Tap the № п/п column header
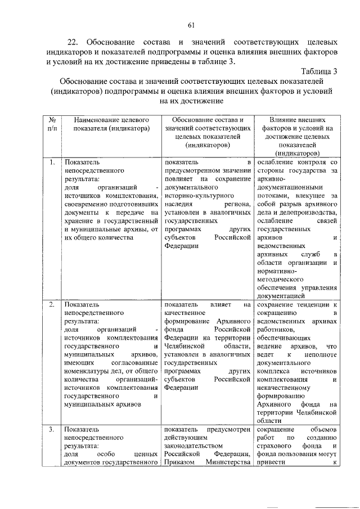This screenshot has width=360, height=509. coord(52,124)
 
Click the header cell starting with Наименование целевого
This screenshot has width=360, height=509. coord(107,124)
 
